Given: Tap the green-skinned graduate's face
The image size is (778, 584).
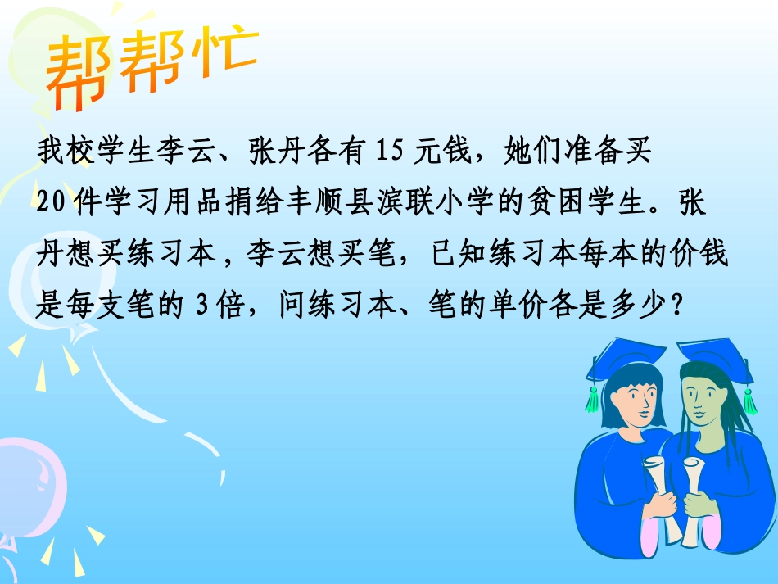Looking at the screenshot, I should (701, 397).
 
